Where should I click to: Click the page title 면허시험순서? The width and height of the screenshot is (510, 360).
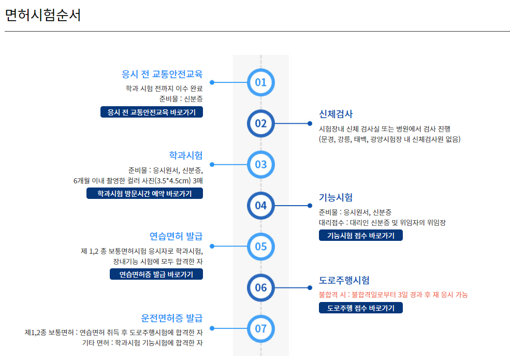43,15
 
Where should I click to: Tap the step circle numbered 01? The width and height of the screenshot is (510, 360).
260,82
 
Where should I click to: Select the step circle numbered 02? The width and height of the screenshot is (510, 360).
260,123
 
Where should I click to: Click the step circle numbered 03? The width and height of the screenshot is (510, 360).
260,165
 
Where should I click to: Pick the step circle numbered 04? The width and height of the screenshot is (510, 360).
260,205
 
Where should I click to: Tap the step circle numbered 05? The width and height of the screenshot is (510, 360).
260,246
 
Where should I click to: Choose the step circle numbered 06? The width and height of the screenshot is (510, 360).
260,287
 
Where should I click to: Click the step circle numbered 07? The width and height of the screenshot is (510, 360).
260,328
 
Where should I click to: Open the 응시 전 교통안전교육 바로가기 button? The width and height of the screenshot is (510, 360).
152,112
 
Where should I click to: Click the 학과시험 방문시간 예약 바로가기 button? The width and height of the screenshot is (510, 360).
144,193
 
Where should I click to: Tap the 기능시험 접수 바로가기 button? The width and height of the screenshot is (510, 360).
360,235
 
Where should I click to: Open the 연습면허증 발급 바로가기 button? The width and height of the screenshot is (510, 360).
156,274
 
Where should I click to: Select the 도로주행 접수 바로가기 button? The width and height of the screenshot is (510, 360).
360,308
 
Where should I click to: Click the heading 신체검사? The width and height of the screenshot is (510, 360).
336,114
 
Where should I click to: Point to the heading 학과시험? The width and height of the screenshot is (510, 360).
186,155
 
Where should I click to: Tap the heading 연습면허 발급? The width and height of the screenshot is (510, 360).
176,236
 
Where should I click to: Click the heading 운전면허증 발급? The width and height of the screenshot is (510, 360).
172,318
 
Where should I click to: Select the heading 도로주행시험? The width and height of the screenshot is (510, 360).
344,280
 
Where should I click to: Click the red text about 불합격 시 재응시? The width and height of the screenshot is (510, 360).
394,295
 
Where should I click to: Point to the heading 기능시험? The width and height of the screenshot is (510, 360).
336,197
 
